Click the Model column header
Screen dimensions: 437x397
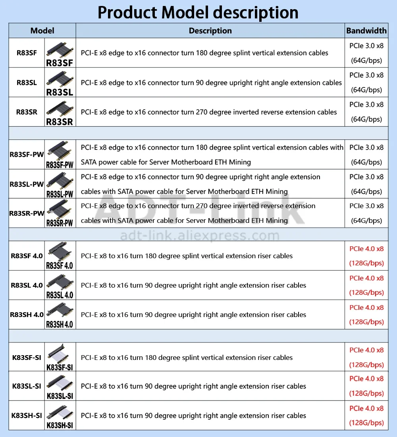(x=42, y=31)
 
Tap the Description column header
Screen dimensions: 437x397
(x=210, y=31)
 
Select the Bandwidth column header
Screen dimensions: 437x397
(x=366, y=31)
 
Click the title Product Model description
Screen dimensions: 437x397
(x=198, y=12)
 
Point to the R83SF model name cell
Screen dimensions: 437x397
(x=27, y=53)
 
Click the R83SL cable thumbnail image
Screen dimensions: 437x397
(x=60, y=83)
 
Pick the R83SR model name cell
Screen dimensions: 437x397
(x=27, y=112)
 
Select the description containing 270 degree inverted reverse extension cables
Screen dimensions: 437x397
(x=209, y=112)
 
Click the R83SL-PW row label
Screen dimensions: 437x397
(x=27, y=184)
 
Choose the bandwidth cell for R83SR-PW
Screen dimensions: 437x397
(x=366, y=213)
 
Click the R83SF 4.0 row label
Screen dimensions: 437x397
(x=27, y=256)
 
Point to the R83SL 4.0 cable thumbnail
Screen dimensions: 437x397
(x=60, y=285)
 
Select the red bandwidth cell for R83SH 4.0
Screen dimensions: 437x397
(x=366, y=315)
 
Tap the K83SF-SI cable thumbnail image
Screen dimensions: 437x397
(x=60, y=357)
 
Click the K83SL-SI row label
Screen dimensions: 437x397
(x=27, y=386)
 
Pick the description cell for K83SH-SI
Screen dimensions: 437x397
(x=193, y=416)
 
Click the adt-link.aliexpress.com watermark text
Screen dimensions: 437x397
(x=200, y=236)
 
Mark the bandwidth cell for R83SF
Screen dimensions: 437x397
(x=366, y=53)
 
